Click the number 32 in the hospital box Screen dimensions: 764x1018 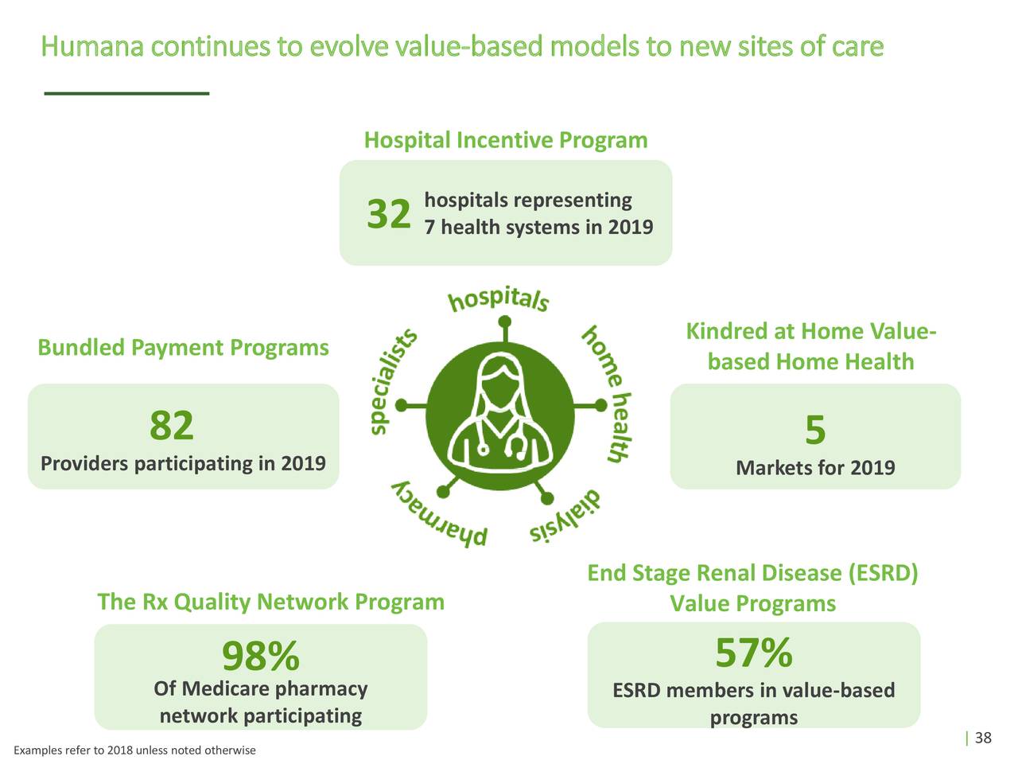point(388,214)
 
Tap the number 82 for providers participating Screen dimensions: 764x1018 point(172,426)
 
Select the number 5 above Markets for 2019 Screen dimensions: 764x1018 point(815,431)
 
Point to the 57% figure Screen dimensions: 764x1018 point(753,653)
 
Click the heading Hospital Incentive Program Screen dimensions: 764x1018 point(506,141)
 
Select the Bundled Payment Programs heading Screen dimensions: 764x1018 point(183,348)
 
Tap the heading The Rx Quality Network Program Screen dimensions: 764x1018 point(270,602)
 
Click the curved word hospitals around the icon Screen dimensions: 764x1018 point(499,300)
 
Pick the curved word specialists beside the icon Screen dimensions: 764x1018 point(393,383)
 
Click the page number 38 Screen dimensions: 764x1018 point(983,738)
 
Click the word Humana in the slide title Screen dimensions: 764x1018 point(92,48)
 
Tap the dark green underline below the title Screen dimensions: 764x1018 point(126,94)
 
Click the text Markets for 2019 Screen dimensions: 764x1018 point(815,468)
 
